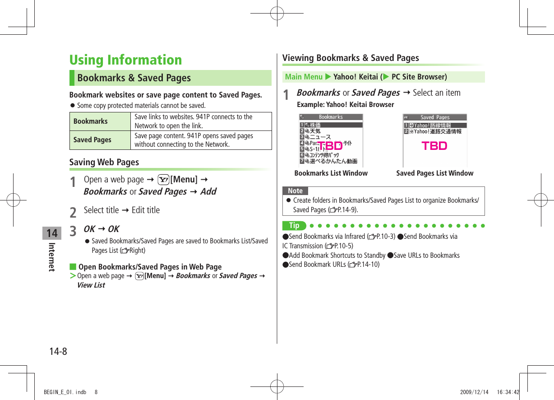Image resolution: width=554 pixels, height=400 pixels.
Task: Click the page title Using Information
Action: point(125,60)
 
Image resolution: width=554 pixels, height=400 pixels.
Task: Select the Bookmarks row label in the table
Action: point(91,121)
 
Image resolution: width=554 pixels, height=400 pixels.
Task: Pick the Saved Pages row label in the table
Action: point(92,140)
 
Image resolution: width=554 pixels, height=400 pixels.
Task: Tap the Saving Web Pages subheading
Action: point(104,162)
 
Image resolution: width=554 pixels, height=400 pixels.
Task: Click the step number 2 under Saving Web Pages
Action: point(73,211)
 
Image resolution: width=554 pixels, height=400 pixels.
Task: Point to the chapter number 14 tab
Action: point(52,233)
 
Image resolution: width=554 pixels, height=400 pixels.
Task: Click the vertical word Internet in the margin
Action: point(52,257)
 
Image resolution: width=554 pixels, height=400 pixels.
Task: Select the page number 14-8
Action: point(57,351)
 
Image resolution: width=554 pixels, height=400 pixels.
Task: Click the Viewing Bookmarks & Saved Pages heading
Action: point(351,58)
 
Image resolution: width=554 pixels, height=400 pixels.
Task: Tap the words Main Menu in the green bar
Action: point(304,77)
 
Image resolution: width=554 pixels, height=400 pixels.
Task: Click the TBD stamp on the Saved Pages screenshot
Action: point(434,146)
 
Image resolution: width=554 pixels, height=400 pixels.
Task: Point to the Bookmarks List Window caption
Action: point(331,173)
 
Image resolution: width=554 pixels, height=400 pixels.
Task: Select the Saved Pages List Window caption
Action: point(434,173)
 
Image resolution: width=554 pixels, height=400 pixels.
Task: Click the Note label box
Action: point(295,191)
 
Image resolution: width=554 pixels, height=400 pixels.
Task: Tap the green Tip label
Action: point(294,226)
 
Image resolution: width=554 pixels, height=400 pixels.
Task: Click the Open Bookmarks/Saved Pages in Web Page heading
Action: point(150,267)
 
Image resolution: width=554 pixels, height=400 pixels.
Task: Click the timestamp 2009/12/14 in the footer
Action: point(474,392)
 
